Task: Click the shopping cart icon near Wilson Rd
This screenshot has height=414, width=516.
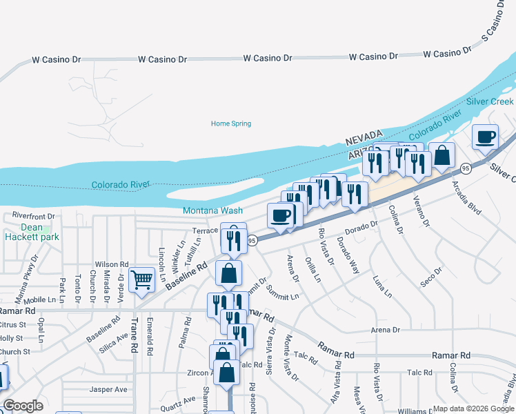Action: click(141, 279)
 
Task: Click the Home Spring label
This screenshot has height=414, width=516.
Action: click(230, 124)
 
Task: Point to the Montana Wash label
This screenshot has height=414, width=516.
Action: click(212, 210)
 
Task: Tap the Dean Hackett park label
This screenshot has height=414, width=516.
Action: click(31, 232)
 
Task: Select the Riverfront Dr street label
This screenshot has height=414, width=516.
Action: click(33, 216)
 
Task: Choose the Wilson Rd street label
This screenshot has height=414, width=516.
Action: click(112, 264)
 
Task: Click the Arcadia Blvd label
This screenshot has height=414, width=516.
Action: click(465, 197)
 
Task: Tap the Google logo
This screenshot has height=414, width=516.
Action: click(23, 406)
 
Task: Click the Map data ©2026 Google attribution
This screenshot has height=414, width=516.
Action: click(474, 408)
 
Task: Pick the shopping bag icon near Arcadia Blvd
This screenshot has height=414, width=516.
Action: click(441, 155)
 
